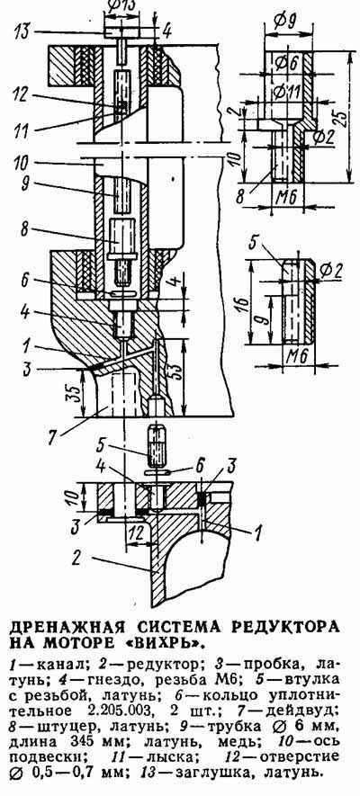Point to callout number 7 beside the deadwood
point(52,438)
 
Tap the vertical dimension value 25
point(344,118)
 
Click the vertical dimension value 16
point(244,304)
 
